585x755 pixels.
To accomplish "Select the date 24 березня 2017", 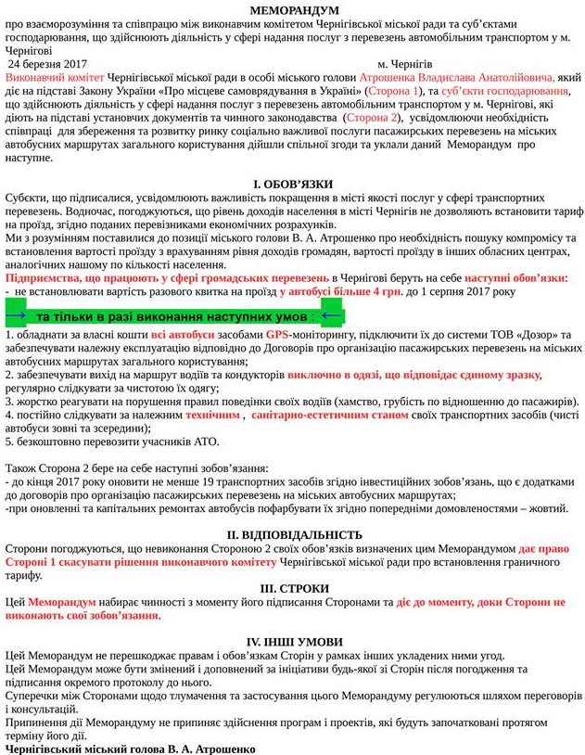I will pos(54,63).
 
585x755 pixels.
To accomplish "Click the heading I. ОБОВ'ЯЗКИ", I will pos(293,185).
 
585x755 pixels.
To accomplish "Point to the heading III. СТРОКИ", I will pos(294,589).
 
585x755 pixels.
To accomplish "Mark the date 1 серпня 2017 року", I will pos(469,291).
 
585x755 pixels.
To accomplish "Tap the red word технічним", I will pos(212,415).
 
